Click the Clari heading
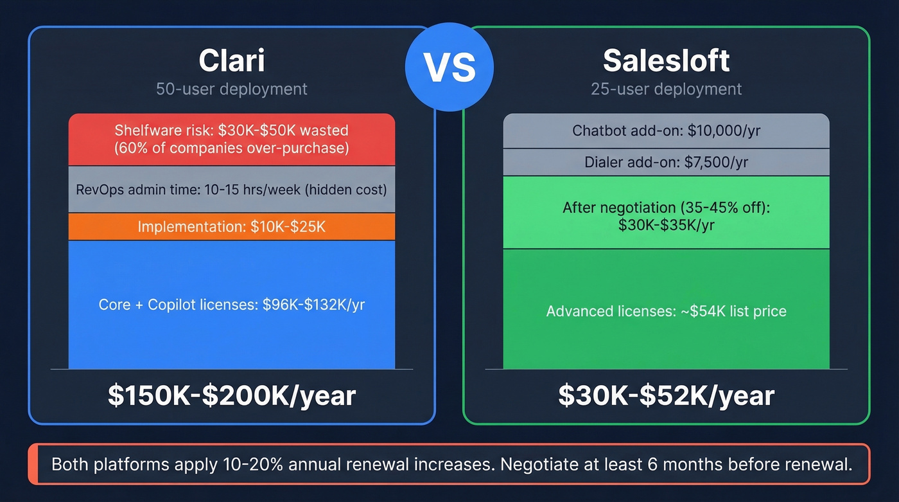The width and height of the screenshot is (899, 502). [x=231, y=60]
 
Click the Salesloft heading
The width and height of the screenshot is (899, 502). [x=666, y=60]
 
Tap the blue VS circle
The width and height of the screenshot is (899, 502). [x=449, y=67]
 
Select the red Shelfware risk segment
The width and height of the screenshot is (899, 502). [x=231, y=139]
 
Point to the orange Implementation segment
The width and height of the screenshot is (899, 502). [x=231, y=227]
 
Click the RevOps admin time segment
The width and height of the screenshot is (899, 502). [x=231, y=190]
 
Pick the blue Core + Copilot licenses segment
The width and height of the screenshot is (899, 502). [x=231, y=304]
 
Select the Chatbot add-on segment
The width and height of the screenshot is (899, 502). [x=666, y=131]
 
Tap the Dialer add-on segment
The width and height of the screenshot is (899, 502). [x=666, y=163]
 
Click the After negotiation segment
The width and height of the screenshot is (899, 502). [x=666, y=216]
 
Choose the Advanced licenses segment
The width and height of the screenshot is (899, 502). [x=666, y=311]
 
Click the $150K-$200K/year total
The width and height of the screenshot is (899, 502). [x=231, y=395]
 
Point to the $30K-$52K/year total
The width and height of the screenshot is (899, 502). [x=666, y=395]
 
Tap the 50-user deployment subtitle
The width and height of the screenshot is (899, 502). [x=231, y=89]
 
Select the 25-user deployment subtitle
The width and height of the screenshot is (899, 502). [x=666, y=89]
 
